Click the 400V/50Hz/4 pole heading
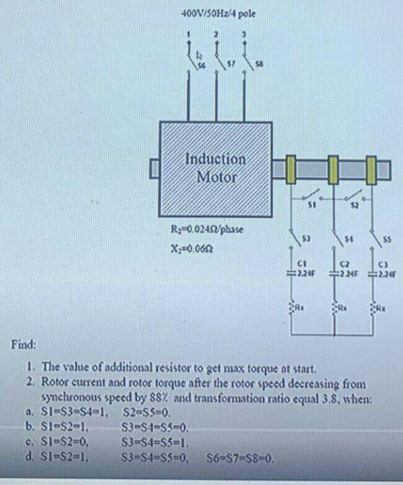218,12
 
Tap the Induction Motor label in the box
216,167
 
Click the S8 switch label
259,63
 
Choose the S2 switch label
355,205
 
